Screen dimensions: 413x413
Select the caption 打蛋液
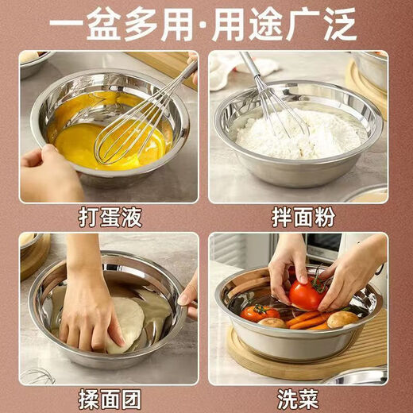107,217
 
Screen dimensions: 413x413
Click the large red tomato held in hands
306,294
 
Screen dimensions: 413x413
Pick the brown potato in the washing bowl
343,319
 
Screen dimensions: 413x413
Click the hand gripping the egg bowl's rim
48,171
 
